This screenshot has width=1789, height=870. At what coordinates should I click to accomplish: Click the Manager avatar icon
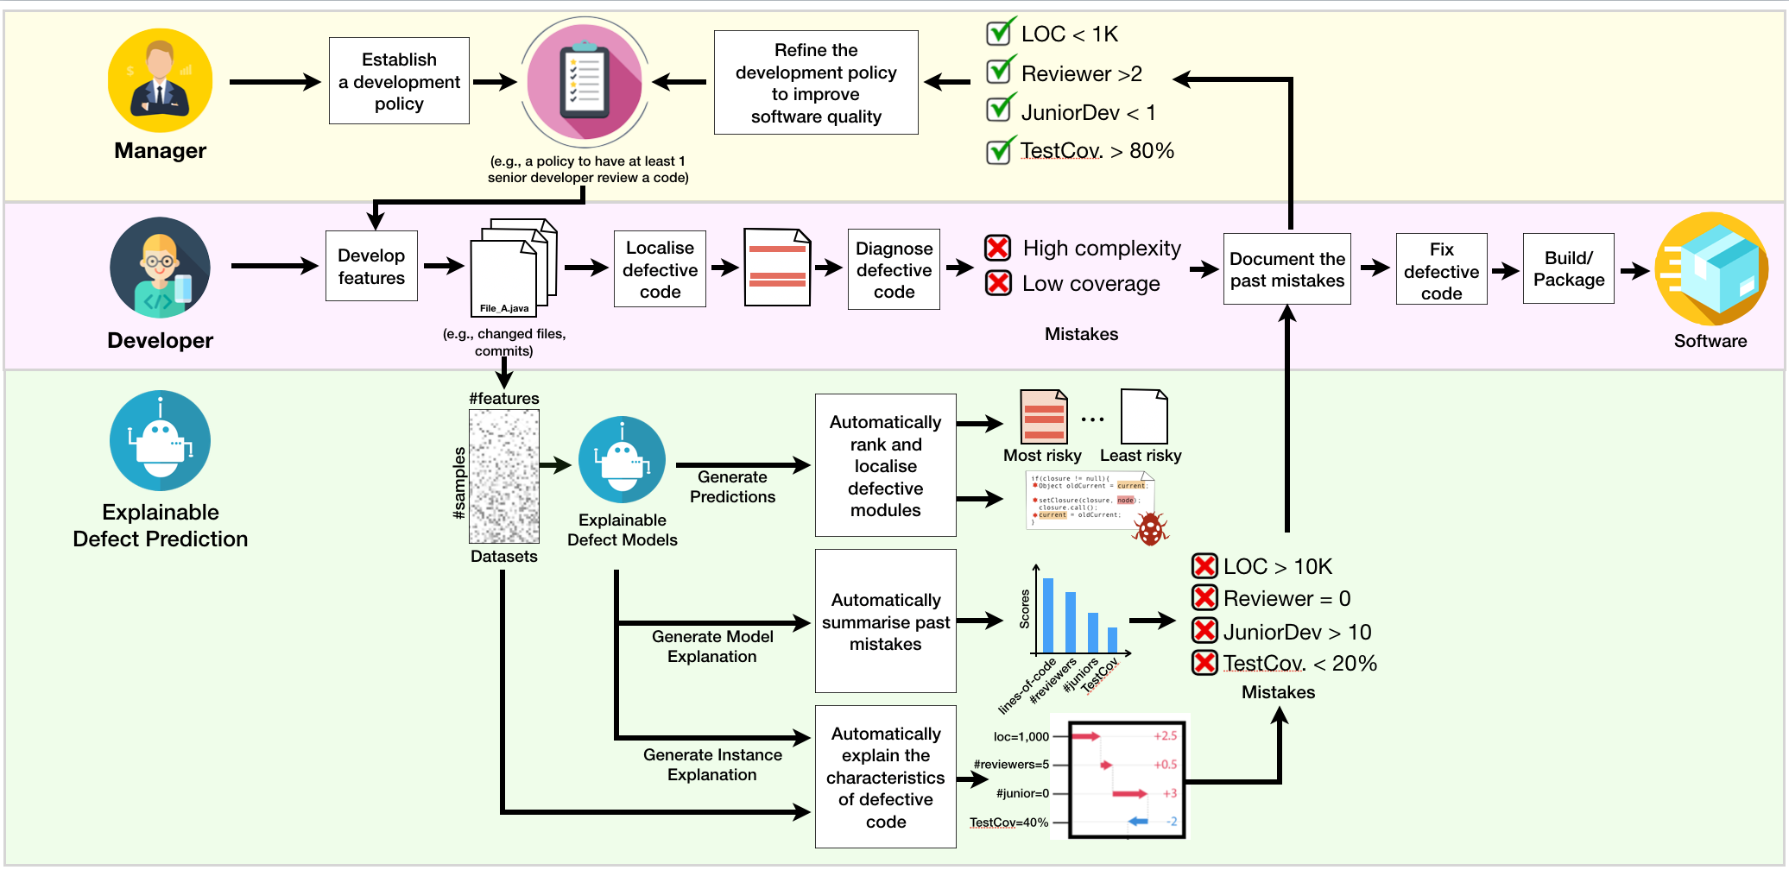pyautogui.click(x=160, y=79)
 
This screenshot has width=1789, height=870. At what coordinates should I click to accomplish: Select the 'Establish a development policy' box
pyautogui.click(x=399, y=81)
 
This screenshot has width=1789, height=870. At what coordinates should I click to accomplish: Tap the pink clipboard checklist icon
pyautogui.click(x=585, y=81)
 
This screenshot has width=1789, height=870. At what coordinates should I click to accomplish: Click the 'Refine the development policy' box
pyautogui.click(x=815, y=83)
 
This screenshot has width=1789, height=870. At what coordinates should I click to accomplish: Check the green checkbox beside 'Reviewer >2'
pyautogui.click(x=1000, y=71)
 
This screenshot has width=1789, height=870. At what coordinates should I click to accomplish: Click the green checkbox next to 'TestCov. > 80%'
pyautogui.click(x=1000, y=150)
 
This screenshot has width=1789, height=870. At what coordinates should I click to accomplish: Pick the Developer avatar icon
pyautogui.click(x=160, y=268)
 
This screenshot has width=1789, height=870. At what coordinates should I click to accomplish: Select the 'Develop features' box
pyautogui.click(x=371, y=267)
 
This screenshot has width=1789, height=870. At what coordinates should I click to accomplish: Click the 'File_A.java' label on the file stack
pyautogui.click(x=504, y=308)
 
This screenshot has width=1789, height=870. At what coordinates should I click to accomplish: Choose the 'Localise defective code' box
pyautogui.click(x=660, y=269)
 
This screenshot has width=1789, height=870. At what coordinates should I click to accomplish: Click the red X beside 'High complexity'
pyautogui.click(x=998, y=249)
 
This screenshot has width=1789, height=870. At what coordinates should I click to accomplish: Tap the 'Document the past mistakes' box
pyautogui.click(x=1286, y=269)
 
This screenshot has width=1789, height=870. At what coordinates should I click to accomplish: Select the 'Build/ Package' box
pyautogui.click(x=1568, y=268)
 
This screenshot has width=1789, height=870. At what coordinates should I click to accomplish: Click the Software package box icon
pyautogui.click(x=1710, y=268)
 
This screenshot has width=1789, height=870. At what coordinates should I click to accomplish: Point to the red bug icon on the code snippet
pyautogui.click(x=1150, y=529)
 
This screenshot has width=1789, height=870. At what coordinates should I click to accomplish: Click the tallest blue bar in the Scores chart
pyautogui.click(x=1048, y=615)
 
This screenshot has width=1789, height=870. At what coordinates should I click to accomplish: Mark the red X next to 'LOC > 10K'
pyautogui.click(x=1204, y=566)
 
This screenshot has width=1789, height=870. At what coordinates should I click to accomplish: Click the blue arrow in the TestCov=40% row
pyautogui.click(x=1138, y=821)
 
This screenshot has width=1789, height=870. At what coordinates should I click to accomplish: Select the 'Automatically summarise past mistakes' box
pyautogui.click(x=885, y=621)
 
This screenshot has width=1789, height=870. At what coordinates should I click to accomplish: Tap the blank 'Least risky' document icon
pyautogui.click(x=1144, y=417)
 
